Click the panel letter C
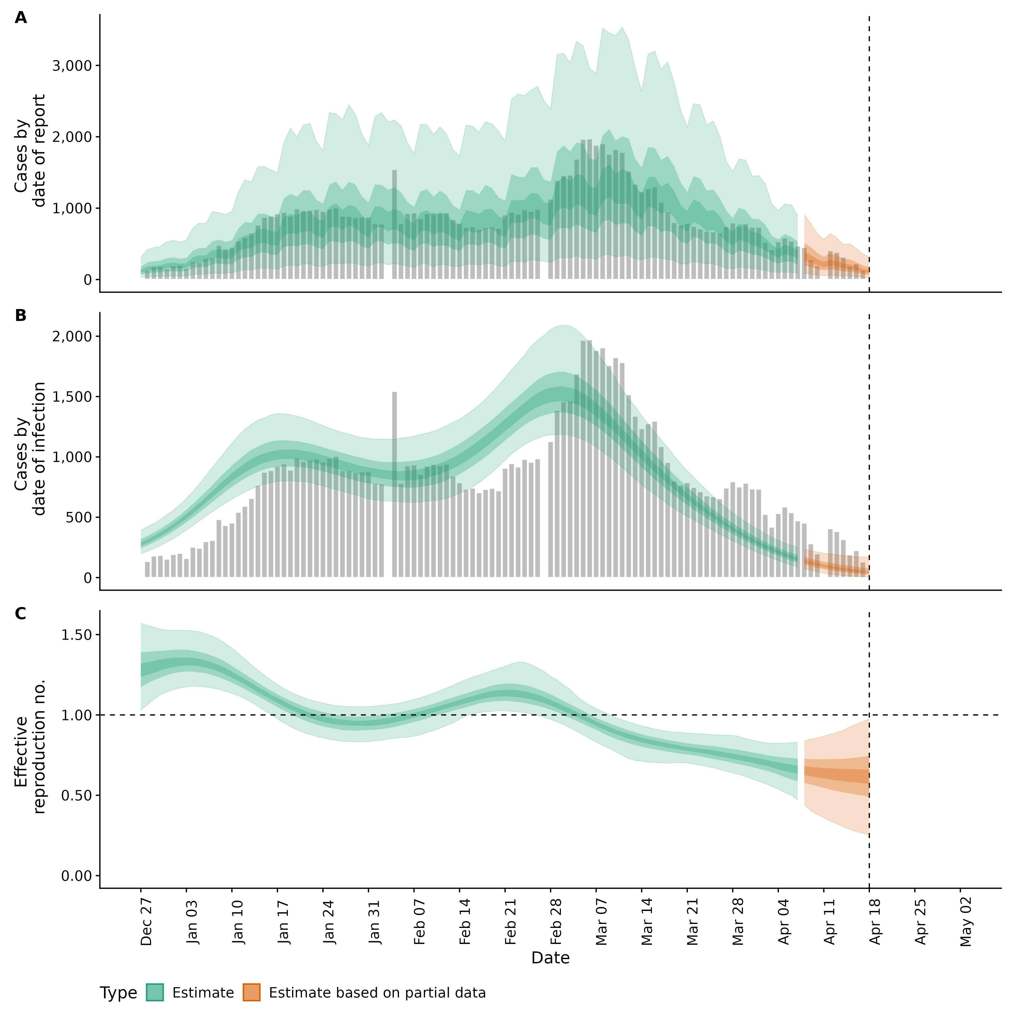pyautogui.click(x=21, y=614)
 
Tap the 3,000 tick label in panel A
pyautogui.click(x=72, y=66)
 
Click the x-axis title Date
pyautogui.click(x=550, y=958)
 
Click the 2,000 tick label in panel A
pyautogui.click(x=72, y=137)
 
